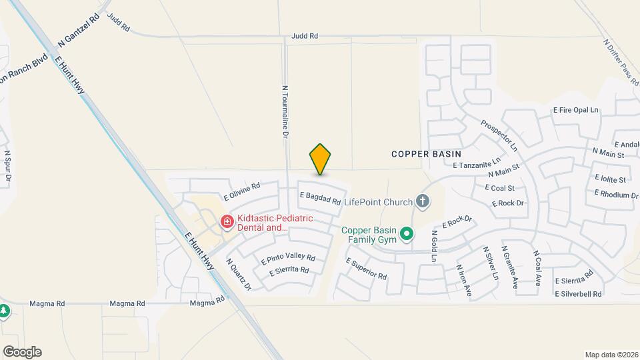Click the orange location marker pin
(x=321, y=159)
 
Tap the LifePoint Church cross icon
(x=422, y=200)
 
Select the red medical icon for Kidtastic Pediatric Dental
(x=227, y=221)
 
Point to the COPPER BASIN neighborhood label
(x=426, y=153)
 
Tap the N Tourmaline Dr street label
(x=285, y=111)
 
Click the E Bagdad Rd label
(x=321, y=198)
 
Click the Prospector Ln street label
(x=499, y=135)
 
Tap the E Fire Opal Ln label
(x=576, y=110)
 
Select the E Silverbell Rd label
(x=578, y=293)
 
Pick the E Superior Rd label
(x=366, y=269)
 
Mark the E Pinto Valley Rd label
(x=288, y=258)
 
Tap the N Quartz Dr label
(x=239, y=274)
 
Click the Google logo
(x=22, y=352)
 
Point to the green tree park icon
(x=3, y=312)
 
